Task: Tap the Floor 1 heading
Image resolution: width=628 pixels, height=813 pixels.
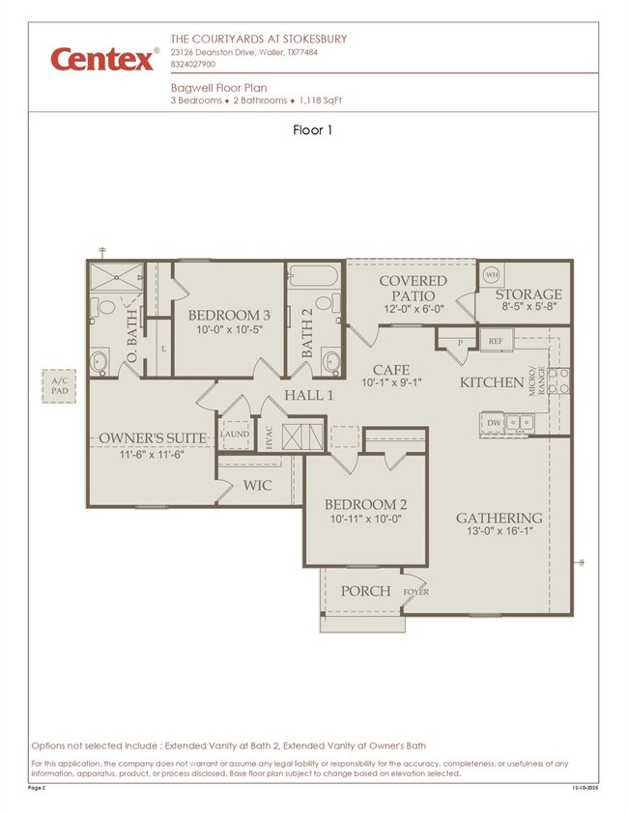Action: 313,130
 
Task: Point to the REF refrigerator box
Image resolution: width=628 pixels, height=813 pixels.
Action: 495,341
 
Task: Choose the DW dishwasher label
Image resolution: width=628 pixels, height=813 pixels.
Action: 494,422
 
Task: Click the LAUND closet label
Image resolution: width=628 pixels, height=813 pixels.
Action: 235,435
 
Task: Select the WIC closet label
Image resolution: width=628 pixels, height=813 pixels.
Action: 257,486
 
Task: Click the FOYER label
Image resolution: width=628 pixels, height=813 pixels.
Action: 416,592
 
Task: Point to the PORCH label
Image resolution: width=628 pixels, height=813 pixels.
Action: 366,591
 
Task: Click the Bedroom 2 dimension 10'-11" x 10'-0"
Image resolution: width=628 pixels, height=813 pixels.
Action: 365,519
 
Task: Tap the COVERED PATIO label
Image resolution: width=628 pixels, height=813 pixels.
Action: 413,288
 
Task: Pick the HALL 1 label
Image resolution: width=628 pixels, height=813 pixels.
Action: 308,395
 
